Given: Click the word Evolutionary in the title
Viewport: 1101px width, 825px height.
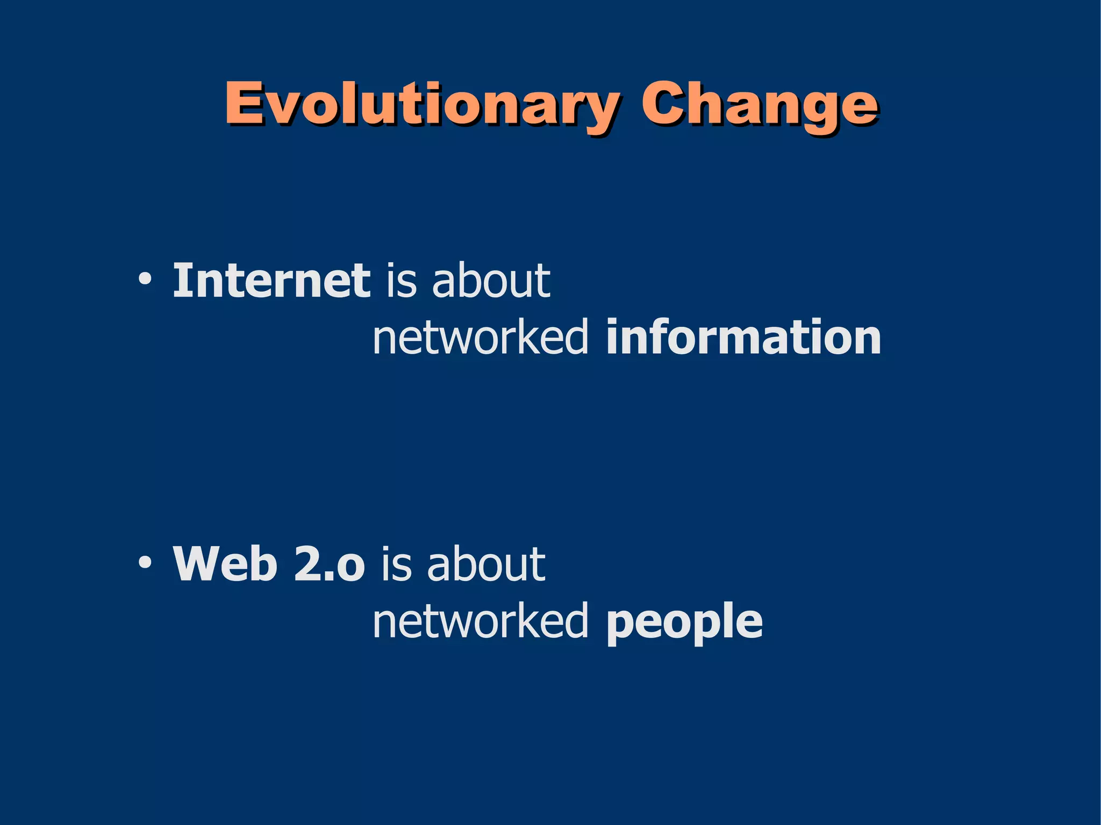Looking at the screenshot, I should tap(421, 105).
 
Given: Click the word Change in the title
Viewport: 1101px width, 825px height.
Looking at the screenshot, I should tap(759, 105).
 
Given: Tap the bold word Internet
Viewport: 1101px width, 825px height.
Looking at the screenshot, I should tap(271, 281).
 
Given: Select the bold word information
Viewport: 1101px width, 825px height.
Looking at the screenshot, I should tap(743, 338).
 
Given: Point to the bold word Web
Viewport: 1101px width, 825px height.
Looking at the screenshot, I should tap(225, 564).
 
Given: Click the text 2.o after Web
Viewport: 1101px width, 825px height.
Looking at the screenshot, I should tap(329, 564).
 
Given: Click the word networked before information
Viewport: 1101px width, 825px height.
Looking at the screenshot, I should tap(480, 338).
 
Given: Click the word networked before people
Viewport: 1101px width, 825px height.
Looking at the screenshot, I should tap(480, 621).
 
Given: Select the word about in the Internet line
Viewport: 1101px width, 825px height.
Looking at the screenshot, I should tap(491, 281).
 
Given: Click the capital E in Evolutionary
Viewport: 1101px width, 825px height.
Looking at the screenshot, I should tap(243, 103).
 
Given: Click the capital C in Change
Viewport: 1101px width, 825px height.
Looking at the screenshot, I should tap(663, 103).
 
